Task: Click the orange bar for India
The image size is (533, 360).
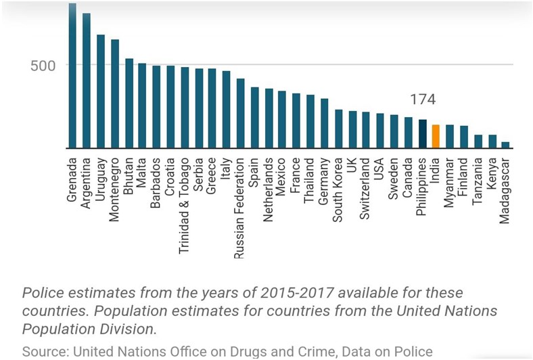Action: (x=436, y=137)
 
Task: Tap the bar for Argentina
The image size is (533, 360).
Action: (x=87, y=81)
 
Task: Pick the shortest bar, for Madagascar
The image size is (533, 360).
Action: (x=505, y=145)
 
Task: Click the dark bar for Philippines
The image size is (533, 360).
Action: (x=422, y=134)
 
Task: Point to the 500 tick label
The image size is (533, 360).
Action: (x=41, y=66)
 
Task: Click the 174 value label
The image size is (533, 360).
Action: (x=421, y=100)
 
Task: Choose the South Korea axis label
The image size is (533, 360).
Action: (x=338, y=189)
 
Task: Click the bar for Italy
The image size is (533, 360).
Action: (x=226, y=110)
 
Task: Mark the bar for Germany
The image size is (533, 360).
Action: (x=324, y=124)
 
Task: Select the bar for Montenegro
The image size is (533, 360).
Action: (x=115, y=94)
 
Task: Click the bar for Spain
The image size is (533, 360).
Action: (x=254, y=118)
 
